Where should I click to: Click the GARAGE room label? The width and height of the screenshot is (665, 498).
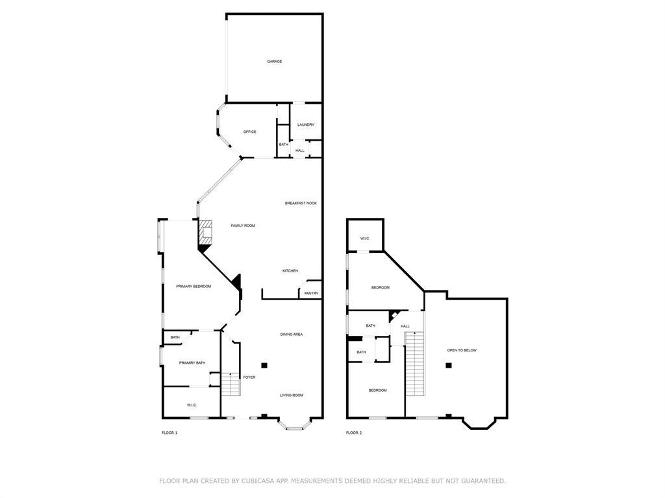[274, 62]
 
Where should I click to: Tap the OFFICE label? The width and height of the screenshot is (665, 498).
[249, 132]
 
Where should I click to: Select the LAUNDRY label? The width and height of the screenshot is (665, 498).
[306, 124]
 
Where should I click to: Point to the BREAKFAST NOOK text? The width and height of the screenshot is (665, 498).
[301, 203]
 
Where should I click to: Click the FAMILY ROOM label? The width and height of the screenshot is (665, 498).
[243, 226]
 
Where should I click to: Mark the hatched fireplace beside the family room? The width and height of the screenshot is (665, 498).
[206, 231]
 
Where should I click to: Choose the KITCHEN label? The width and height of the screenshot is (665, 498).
[290, 270]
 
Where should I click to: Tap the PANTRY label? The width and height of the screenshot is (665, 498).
[311, 293]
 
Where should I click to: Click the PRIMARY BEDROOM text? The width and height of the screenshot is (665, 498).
[194, 286]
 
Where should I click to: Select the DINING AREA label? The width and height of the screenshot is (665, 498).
[292, 335]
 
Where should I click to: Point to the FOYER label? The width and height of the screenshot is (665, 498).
[249, 377]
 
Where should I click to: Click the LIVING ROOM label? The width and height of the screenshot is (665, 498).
[292, 395]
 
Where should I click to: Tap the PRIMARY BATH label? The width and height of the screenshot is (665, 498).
[192, 362]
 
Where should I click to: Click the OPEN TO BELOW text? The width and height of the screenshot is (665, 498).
[462, 350]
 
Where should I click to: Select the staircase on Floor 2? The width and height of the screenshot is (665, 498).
[415, 363]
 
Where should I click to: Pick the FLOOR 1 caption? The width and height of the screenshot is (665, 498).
[169, 433]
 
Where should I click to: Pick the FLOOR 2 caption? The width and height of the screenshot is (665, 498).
[354, 433]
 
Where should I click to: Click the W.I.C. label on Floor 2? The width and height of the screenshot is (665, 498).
[365, 239]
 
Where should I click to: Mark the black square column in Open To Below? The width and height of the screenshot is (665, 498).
[448, 366]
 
